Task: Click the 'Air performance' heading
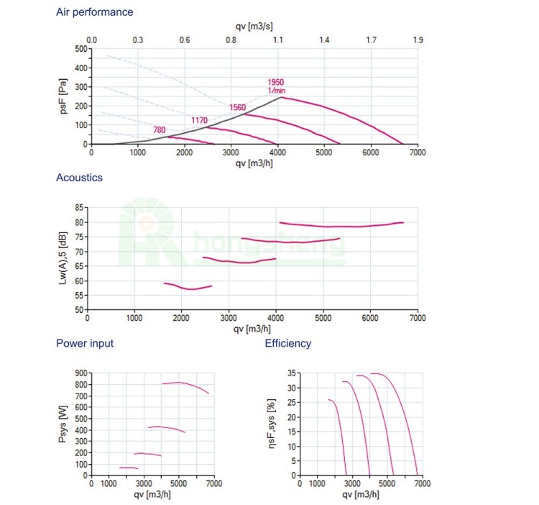click(x=94, y=12)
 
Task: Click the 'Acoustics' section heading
click(x=79, y=178)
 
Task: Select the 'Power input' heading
click(x=85, y=343)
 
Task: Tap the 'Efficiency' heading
click(x=288, y=343)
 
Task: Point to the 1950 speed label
click(x=276, y=83)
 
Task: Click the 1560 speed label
click(x=237, y=107)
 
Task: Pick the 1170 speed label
click(x=199, y=119)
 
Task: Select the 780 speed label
click(x=161, y=129)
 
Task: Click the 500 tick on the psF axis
click(x=80, y=49)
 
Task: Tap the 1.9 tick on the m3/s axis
click(x=418, y=40)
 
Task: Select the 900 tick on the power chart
click(x=80, y=373)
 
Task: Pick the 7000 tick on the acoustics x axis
click(x=417, y=317)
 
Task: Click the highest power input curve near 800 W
click(x=180, y=383)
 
